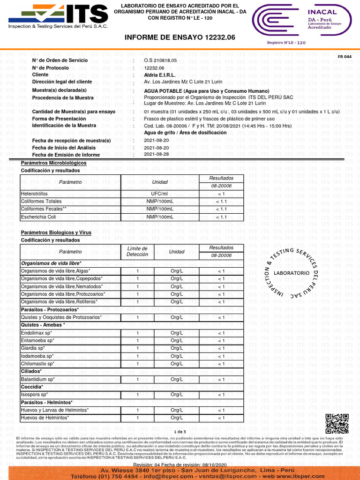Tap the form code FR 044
(345, 57)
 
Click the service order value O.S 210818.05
(160, 60)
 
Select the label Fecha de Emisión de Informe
(66, 155)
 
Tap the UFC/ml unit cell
(159, 194)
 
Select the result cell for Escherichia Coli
(221, 217)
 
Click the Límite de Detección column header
(137, 251)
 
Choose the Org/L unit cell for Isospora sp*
(176, 395)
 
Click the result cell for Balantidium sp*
(221, 379)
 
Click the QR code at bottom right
(337, 424)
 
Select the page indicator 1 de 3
(180, 431)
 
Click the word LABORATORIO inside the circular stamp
(291, 273)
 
